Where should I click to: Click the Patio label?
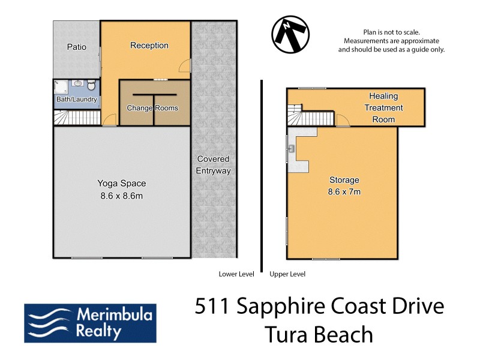tap(76, 47)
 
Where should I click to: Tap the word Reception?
tap(149, 46)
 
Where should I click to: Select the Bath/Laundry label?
tap(76, 100)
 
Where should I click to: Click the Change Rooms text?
tap(152, 108)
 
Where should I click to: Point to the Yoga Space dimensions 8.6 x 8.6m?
tap(122, 195)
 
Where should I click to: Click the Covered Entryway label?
tap(213, 165)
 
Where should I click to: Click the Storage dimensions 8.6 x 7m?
tap(344, 192)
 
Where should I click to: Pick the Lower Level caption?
tap(236, 274)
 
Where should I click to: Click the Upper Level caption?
tap(287, 274)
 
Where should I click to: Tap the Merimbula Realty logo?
tap(90, 322)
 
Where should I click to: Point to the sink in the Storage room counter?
tap(291, 148)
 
